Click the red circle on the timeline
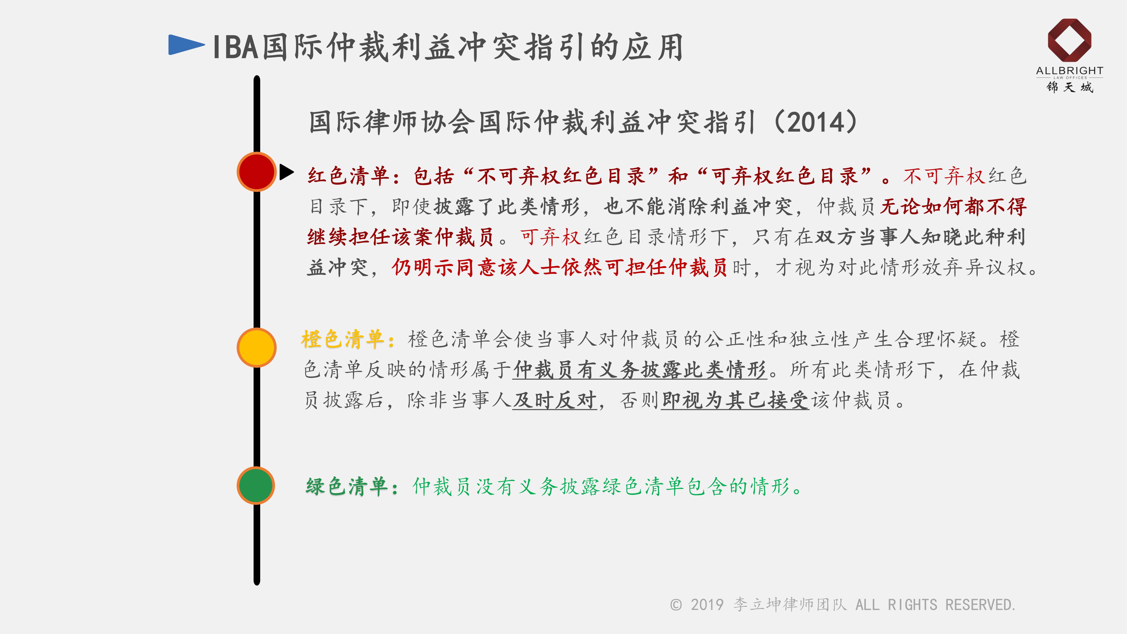click(x=256, y=172)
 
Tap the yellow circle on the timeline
click(x=256, y=347)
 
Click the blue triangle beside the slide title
click(x=186, y=45)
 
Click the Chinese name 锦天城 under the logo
click(x=1070, y=87)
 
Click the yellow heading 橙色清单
click(x=343, y=339)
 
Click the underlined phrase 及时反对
click(x=555, y=400)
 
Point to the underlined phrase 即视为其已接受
click(x=735, y=400)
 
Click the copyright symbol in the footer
click(x=676, y=605)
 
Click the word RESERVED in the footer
click(x=980, y=605)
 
